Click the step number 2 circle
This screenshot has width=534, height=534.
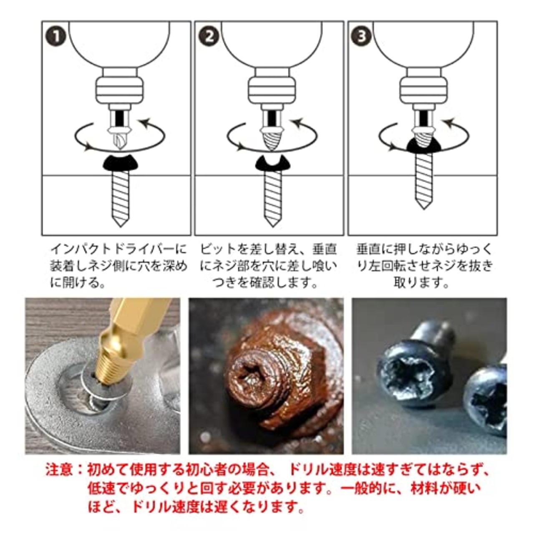[x=209, y=36]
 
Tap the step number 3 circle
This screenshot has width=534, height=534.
[x=361, y=36]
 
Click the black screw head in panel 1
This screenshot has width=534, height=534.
[x=120, y=162]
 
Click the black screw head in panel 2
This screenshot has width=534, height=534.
[x=272, y=164]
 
